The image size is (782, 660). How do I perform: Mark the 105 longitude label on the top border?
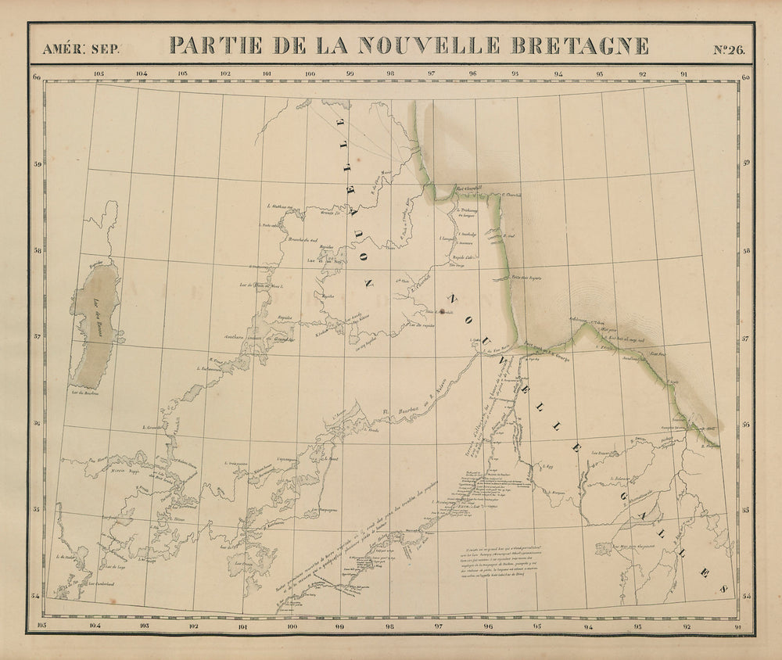(x=99, y=75)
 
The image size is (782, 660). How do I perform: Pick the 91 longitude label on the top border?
(x=685, y=75)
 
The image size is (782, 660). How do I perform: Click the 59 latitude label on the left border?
(x=37, y=165)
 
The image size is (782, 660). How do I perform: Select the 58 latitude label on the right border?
(x=744, y=251)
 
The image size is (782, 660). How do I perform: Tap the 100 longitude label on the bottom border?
(x=292, y=626)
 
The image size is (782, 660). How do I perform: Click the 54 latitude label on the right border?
(x=744, y=597)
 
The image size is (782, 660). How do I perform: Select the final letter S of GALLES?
(x=723, y=587)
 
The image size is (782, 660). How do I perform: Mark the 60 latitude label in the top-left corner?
(x=37, y=77)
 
